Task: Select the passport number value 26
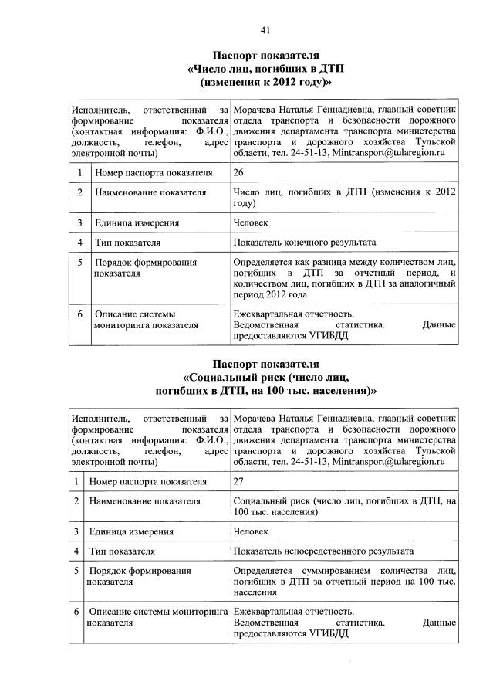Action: [238, 172]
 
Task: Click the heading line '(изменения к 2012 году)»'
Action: [265, 81]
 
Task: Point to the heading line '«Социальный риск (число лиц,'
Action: [265, 377]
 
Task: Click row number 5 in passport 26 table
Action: [79, 263]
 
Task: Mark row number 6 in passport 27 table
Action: [76, 612]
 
